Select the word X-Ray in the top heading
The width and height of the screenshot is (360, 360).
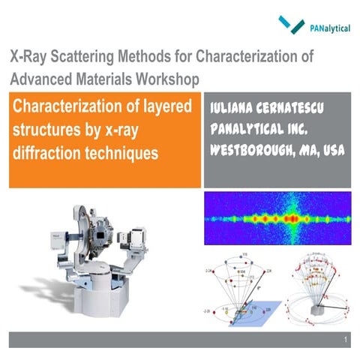tap(29, 57)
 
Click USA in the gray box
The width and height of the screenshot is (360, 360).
tap(331, 151)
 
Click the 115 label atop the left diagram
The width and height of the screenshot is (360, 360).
tap(246, 258)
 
